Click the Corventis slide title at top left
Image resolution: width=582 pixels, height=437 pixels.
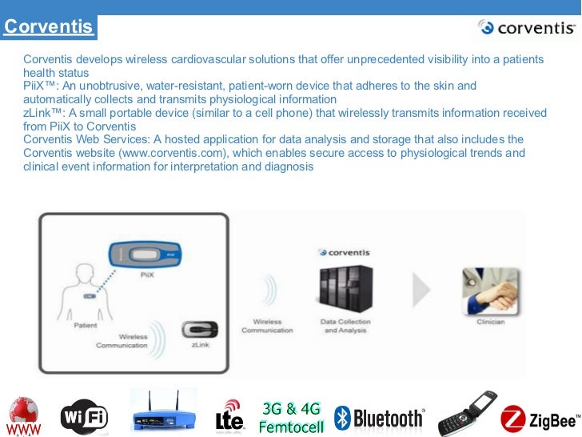coord(48,27)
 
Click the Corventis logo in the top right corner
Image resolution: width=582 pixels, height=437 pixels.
coord(526,28)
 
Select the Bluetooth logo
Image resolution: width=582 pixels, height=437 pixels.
coord(379,417)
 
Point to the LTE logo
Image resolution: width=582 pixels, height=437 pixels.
coord(230,416)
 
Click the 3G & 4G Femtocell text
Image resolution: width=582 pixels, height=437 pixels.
coord(291,416)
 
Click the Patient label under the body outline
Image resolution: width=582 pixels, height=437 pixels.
coord(86,326)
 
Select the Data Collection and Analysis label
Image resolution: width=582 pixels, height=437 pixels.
coord(346,326)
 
